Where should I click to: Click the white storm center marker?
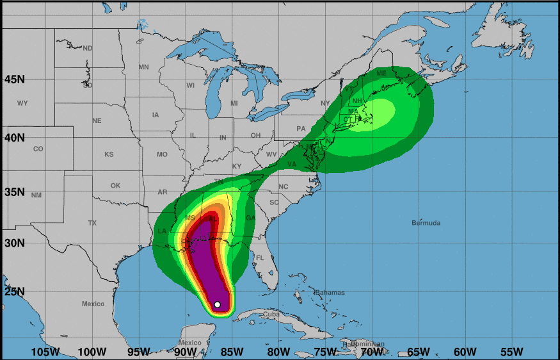218,305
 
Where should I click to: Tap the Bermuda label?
426,223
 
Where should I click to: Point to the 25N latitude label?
14,292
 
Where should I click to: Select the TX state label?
92,223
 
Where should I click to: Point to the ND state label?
88,49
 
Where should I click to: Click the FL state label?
260,258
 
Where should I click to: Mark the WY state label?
22,103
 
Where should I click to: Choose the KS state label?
109,154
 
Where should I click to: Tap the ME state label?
381,73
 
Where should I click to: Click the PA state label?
301,129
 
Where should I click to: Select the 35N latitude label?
14,192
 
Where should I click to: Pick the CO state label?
38,149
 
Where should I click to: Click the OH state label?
255,135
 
